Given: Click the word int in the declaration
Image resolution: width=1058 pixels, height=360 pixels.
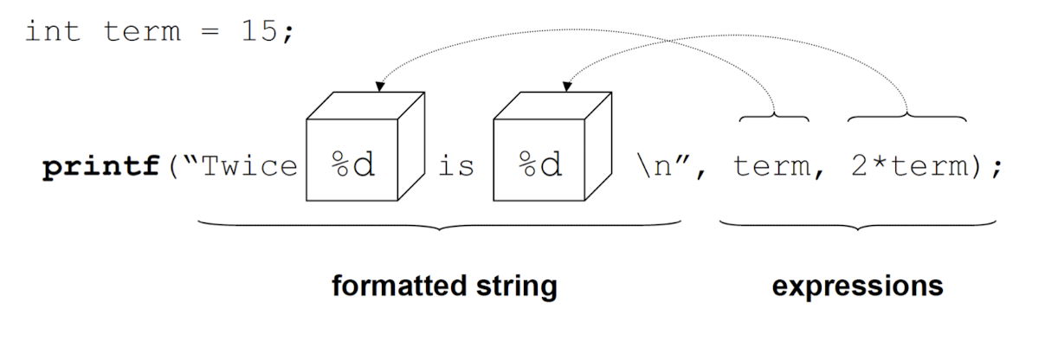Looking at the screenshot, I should [x=54, y=32].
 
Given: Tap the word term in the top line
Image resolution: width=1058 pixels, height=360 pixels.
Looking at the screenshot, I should [x=143, y=32].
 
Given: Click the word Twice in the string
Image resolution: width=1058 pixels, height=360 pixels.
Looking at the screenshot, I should [x=248, y=167].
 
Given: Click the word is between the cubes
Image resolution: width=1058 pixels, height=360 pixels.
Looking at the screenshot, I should [x=455, y=167].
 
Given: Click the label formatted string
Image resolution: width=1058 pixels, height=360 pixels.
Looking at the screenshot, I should [x=444, y=286].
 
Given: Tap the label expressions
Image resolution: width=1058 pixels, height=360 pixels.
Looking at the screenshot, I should [x=857, y=286].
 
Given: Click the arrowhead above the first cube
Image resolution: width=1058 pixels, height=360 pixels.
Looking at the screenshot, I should [x=378, y=87].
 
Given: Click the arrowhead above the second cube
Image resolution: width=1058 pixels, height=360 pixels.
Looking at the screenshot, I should [x=566, y=87].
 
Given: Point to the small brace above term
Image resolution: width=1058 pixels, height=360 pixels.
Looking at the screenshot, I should [x=774, y=115].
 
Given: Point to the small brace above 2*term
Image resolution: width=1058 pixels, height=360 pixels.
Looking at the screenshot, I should [x=906, y=115].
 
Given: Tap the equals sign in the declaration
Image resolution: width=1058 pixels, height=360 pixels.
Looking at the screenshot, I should [x=211, y=33].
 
